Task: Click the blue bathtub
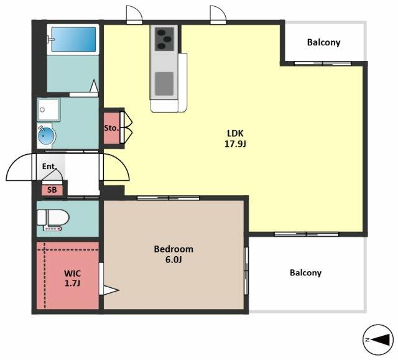pos(74,39)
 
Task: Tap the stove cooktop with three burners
pos(164,39)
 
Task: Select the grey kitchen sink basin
pos(164,84)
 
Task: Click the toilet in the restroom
pos(53,219)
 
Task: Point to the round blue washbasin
pos(46,136)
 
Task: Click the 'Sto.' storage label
pos(111,128)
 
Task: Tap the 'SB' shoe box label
pos(52,190)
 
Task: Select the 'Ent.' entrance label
pos(49,167)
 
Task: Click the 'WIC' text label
pos(72,273)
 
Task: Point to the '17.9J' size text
pos(235,144)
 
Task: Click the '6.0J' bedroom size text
pos(174,260)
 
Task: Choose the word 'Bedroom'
pos(174,249)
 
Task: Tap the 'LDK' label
pos(235,133)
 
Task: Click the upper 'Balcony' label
pos(323,42)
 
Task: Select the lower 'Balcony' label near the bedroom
pos(305,273)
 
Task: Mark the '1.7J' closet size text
pos(72,283)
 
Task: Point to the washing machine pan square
pos(49,109)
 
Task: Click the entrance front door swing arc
pos(19,167)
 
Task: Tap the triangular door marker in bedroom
pos(111,290)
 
